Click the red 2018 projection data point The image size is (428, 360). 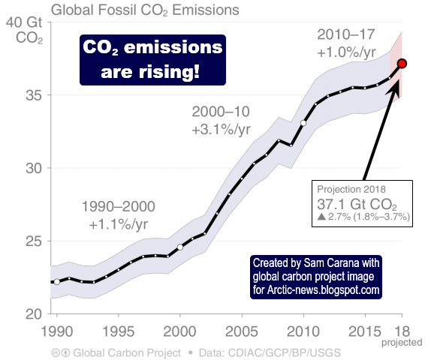[x=402, y=64]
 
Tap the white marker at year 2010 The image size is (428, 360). [x=303, y=122]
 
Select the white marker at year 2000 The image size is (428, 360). [x=180, y=247]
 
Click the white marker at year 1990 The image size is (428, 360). [x=57, y=281]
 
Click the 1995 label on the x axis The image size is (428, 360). [x=119, y=331]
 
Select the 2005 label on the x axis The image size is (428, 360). [x=242, y=331]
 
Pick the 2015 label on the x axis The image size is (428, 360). [x=364, y=331]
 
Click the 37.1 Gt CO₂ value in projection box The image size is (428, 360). [x=357, y=204]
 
